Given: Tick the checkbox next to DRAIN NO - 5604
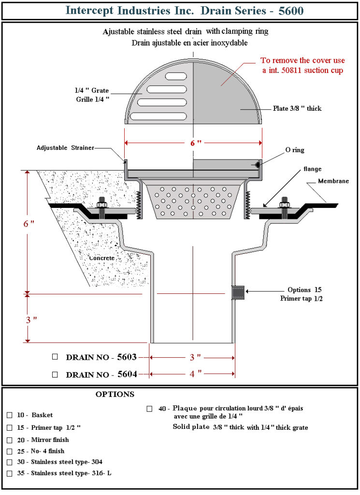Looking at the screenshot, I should coord(55,374).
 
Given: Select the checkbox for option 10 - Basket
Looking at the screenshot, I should coord(10,415).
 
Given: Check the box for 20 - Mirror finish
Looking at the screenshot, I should coord(10,440).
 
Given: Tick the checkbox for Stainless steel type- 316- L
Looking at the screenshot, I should coord(10,473).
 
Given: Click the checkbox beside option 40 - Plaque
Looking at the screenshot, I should coord(149,408).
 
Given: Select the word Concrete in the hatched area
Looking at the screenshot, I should coord(101,258).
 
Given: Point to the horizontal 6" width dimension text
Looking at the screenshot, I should coord(193,143).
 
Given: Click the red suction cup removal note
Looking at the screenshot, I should coord(302,65).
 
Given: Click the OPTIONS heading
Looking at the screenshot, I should coord(115,394).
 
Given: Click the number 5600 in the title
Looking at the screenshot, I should coord(291,10).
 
